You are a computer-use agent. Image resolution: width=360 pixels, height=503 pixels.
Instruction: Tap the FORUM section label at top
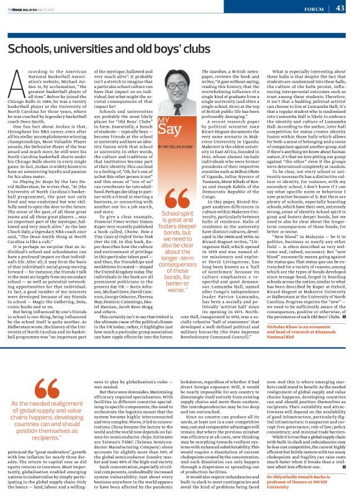[x=313, y=9]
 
